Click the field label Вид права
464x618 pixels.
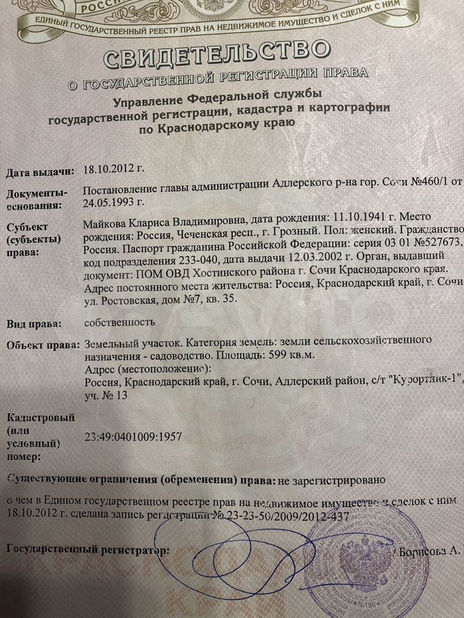click(x=35, y=323)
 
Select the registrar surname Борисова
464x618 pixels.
click(x=422, y=552)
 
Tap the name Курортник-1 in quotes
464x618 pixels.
click(x=422, y=382)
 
